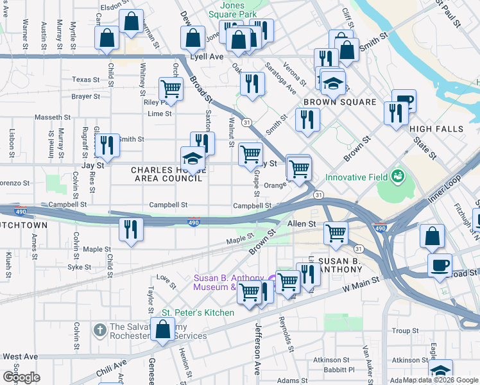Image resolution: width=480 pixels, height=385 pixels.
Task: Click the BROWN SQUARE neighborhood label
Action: [x=339, y=102]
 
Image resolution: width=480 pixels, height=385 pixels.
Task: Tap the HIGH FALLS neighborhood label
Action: [x=436, y=129]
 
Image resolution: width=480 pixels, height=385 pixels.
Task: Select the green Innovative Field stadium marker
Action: [x=397, y=175]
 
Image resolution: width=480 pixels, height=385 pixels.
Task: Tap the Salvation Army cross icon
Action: [x=99, y=330]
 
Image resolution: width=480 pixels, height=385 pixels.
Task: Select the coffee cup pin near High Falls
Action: [x=404, y=100]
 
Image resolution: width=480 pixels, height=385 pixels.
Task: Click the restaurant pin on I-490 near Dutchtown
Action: [x=131, y=230]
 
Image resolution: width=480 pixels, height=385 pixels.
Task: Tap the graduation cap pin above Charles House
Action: [x=193, y=158]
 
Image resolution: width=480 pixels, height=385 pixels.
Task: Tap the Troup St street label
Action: [x=405, y=331]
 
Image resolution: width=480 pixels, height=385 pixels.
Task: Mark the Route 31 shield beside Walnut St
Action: [x=246, y=122]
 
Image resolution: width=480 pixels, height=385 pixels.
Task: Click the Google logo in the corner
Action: [x=21, y=377]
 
